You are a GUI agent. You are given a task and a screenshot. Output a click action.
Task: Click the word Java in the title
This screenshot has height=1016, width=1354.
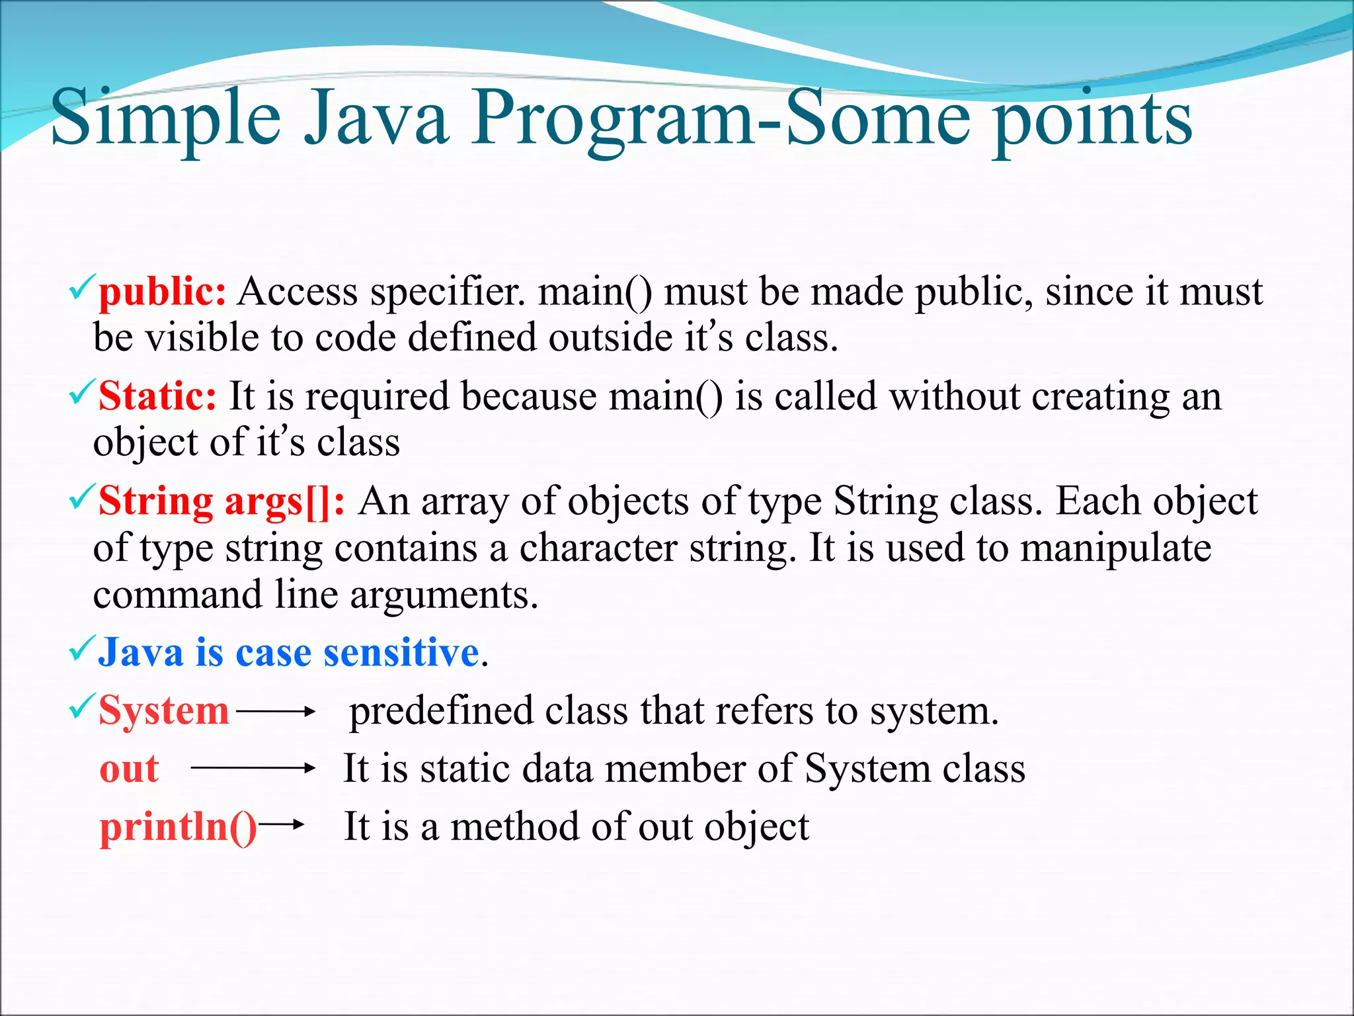tap(376, 119)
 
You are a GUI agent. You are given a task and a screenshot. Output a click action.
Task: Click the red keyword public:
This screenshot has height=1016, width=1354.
tap(162, 292)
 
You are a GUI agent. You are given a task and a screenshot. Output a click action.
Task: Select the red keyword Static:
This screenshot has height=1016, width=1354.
tap(157, 397)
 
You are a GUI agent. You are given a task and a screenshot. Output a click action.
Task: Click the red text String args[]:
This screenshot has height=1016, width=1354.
tap(221, 501)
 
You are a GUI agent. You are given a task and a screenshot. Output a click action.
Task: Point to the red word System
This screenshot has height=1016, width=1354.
tap(163, 711)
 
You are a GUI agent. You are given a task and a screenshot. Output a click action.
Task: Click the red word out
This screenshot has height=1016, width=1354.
tap(129, 769)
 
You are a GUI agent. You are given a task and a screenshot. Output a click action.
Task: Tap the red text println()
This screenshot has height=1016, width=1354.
tap(178, 827)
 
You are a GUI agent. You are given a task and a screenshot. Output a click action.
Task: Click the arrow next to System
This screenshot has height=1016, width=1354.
tap(276, 712)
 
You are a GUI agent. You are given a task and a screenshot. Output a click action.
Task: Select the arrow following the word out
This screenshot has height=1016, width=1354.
tap(253, 768)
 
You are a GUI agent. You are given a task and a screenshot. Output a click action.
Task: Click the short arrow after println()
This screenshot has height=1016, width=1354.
tap(282, 824)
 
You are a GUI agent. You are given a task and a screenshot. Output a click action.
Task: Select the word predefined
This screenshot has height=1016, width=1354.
tap(441, 712)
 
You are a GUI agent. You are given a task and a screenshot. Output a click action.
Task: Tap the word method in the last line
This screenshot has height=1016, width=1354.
tap(514, 827)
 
